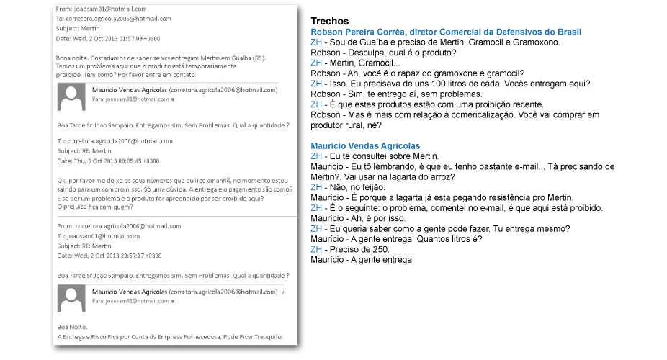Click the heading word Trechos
[x=329, y=22]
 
